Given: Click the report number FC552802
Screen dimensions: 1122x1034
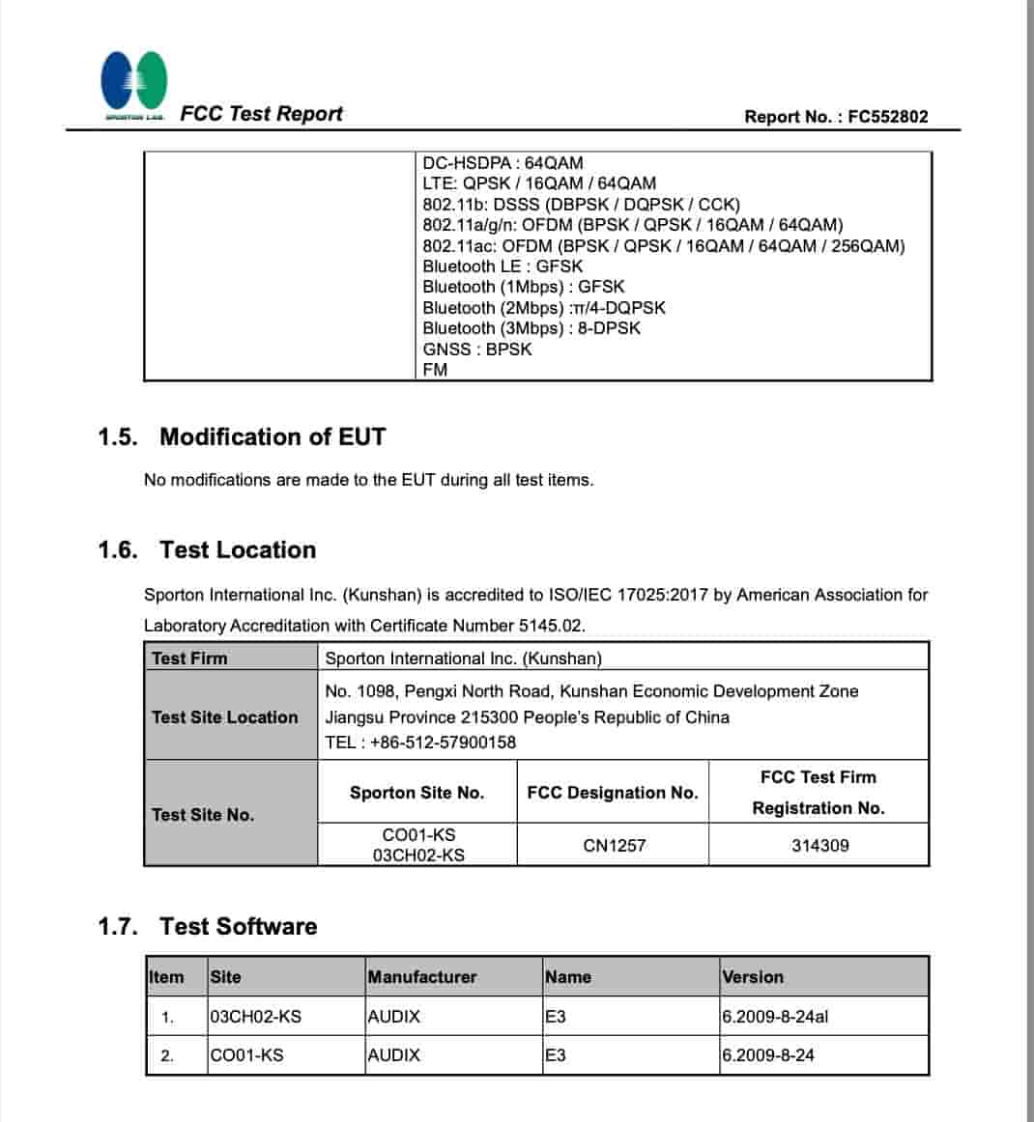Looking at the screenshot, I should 887,117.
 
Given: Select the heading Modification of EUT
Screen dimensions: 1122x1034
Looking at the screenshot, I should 272,437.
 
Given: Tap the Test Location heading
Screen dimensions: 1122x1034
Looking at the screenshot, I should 238,550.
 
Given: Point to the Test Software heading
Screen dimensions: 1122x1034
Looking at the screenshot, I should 238,927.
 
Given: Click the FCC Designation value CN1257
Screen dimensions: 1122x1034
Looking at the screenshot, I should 614,846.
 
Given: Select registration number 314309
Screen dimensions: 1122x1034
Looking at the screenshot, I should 819,846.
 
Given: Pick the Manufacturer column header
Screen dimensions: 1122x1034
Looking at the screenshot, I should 422,977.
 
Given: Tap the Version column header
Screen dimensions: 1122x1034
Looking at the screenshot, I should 753,977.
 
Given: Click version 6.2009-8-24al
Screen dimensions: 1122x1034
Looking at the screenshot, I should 775,1017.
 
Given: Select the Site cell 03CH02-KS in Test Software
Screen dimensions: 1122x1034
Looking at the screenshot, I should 255,1017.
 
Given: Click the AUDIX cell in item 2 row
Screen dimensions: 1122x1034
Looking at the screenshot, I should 394,1055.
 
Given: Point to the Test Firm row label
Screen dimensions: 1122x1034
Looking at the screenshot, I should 189,659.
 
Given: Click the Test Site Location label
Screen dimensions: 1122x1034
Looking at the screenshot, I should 224,717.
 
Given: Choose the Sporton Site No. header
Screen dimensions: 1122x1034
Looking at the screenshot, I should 416,793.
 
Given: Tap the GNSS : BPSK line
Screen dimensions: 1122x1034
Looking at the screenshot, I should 476,350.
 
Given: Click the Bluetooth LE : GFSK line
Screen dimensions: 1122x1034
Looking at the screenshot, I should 503,266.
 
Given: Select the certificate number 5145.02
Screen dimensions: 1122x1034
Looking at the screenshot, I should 551,626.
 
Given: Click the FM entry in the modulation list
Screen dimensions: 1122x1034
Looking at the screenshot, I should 435,370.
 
